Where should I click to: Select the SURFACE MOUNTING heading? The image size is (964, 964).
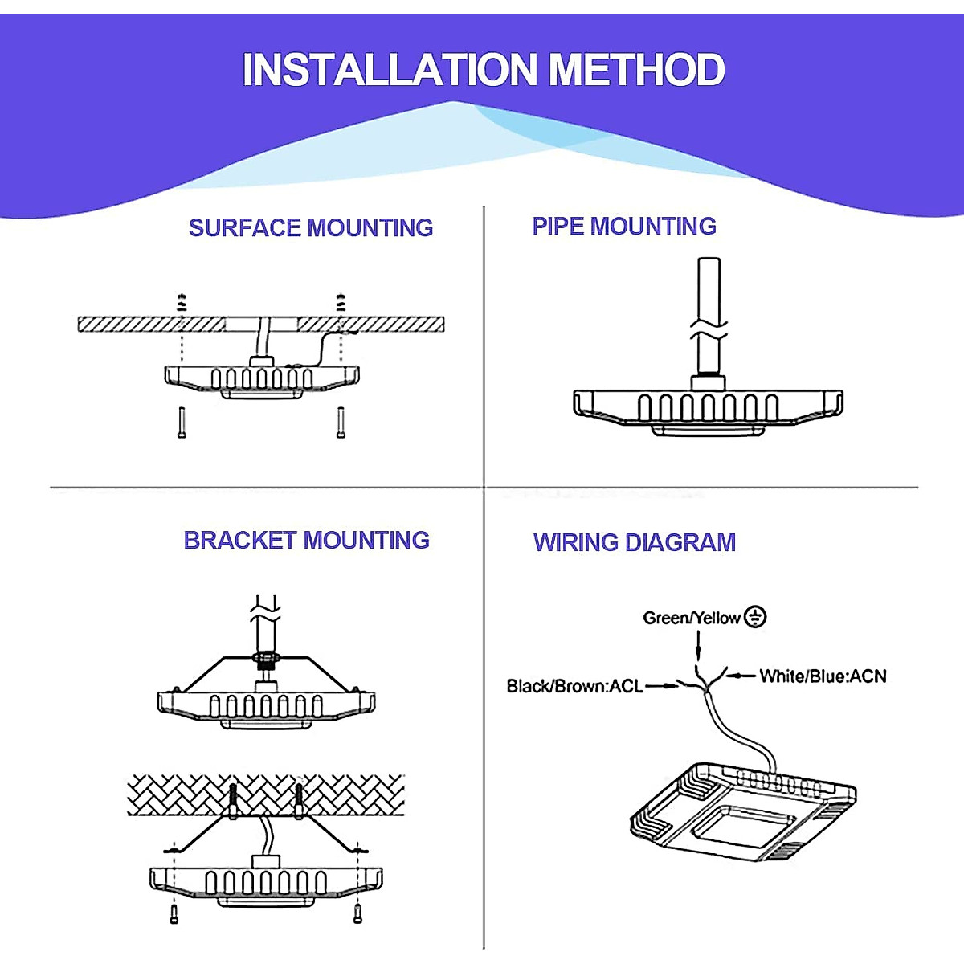[311, 228]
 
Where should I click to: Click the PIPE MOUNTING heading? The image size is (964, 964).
[624, 227]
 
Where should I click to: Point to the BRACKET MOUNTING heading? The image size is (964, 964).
[306, 541]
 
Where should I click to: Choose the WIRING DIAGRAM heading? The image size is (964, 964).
[635, 543]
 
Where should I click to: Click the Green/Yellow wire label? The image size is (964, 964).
[691, 618]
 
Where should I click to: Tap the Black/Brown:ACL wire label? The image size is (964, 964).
[574, 686]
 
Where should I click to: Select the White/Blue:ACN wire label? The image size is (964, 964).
[823, 676]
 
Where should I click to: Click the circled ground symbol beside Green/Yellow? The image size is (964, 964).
[755, 617]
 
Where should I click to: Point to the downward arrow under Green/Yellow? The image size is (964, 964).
[698, 647]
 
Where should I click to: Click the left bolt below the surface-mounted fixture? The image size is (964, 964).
[182, 423]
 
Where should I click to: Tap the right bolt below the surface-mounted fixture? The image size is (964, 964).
[341, 423]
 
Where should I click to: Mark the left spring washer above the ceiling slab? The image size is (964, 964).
[182, 303]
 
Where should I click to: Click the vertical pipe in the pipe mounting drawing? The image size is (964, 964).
[709, 289]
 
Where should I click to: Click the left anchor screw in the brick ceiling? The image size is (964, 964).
[233, 800]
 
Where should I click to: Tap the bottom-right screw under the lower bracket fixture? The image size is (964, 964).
[357, 913]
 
